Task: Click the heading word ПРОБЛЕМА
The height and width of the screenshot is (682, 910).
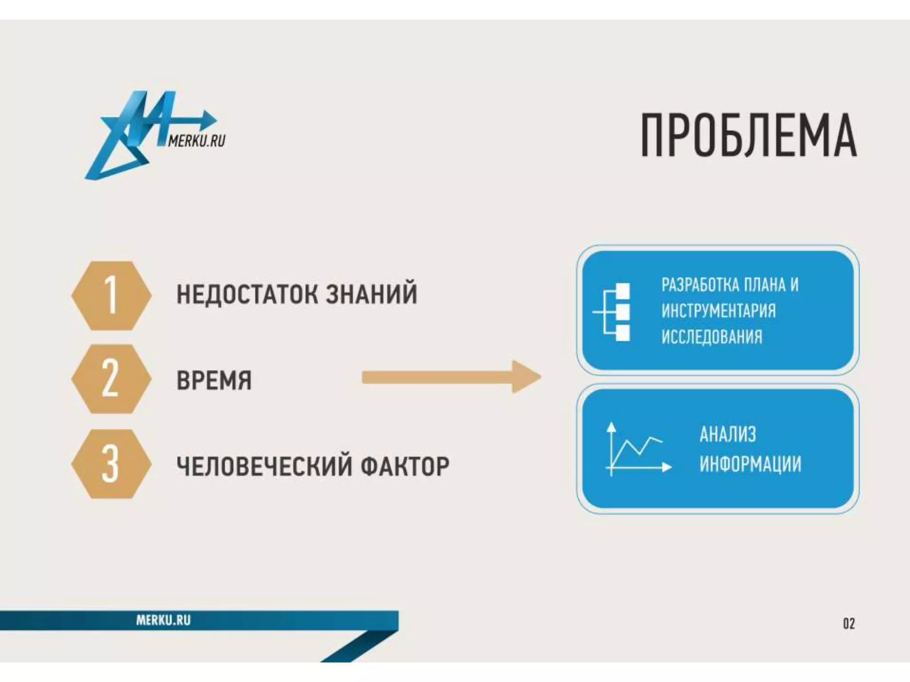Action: (749, 135)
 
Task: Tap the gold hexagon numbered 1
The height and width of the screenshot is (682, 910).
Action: (111, 295)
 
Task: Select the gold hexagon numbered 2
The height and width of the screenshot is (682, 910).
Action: (111, 379)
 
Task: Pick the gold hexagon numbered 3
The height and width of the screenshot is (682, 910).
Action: (111, 464)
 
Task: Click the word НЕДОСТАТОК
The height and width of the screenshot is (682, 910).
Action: (247, 294)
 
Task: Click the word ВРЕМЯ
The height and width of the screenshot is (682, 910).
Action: (214, 381)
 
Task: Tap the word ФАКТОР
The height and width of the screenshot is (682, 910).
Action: (404, 466)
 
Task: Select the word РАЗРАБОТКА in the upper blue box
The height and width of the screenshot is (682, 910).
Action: (700, 285)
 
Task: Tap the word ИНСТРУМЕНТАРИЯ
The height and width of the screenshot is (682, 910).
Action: (718, 311)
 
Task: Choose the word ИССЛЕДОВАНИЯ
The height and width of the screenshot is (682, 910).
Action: (711, 337)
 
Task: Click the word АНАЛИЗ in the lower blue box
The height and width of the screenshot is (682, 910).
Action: (727, 434)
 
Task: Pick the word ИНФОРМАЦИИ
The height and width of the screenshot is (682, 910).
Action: (750, 464)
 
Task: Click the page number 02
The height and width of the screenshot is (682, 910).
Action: (849, 624)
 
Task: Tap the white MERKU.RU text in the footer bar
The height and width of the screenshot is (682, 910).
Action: (163, 620)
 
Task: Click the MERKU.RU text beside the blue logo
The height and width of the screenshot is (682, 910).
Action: (196, 141)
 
